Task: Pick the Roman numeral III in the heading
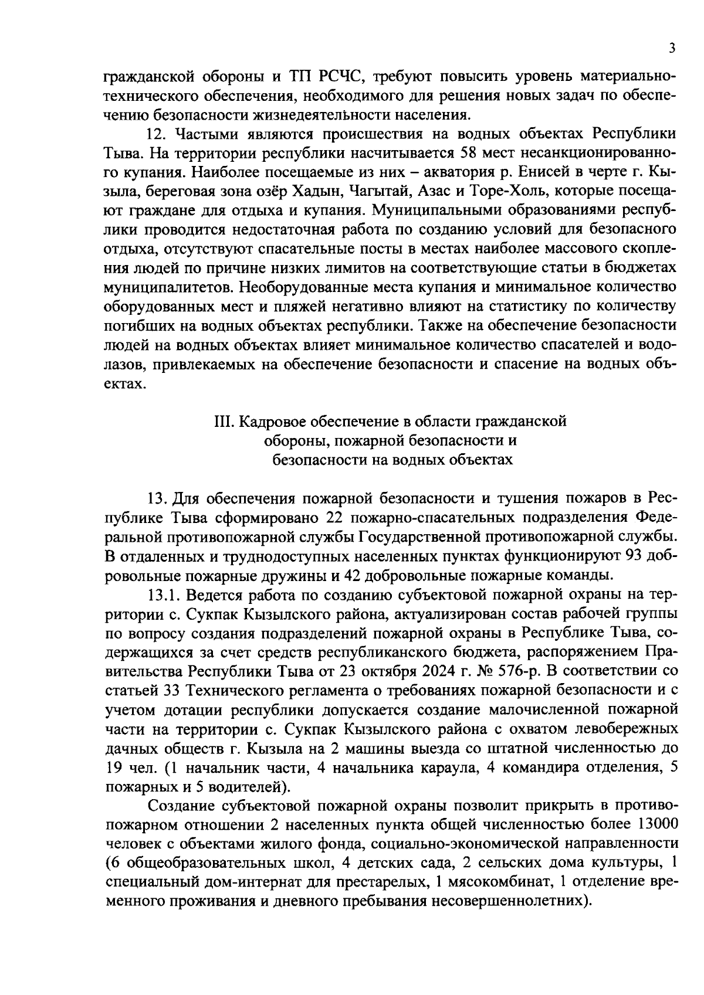(222, 422)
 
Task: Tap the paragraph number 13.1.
(164, 594)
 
